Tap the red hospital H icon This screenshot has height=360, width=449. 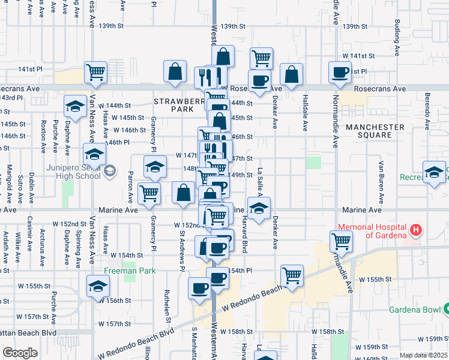coord(415,230)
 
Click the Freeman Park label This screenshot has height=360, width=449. coord(130,271)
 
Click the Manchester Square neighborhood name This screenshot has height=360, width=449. coord(376,131)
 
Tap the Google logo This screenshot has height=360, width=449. coord(20,353)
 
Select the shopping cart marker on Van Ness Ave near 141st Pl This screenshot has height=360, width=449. coord(95,73)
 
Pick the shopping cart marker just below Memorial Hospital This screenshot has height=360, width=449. coord(341,242)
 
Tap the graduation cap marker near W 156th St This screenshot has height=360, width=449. coord(98,286)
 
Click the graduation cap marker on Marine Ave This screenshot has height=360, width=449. coord(259,208)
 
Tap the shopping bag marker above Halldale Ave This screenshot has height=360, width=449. coord(291,74)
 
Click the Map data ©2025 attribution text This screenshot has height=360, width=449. coord(423,355)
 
